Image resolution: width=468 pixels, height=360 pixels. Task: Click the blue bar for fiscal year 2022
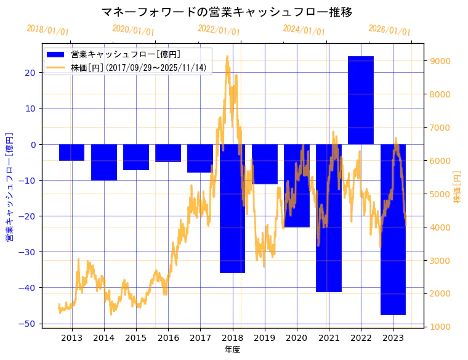[361, 100]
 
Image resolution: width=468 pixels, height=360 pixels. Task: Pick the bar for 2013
[71, 152]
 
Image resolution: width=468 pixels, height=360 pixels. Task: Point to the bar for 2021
[329, 218]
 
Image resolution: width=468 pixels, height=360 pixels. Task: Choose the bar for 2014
[104, 162]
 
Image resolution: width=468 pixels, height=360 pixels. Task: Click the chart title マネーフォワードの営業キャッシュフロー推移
[227, 12]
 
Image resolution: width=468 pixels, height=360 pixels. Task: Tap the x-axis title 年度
[232, 350]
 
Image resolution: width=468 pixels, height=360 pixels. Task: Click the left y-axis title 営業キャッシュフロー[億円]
[9, 187]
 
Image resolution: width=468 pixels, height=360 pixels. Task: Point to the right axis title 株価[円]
[457, 187]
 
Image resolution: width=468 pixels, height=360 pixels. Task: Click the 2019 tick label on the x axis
[265, 337]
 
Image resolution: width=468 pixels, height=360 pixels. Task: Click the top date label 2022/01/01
[219, 30]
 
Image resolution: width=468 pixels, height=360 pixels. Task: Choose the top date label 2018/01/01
[48, 30]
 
